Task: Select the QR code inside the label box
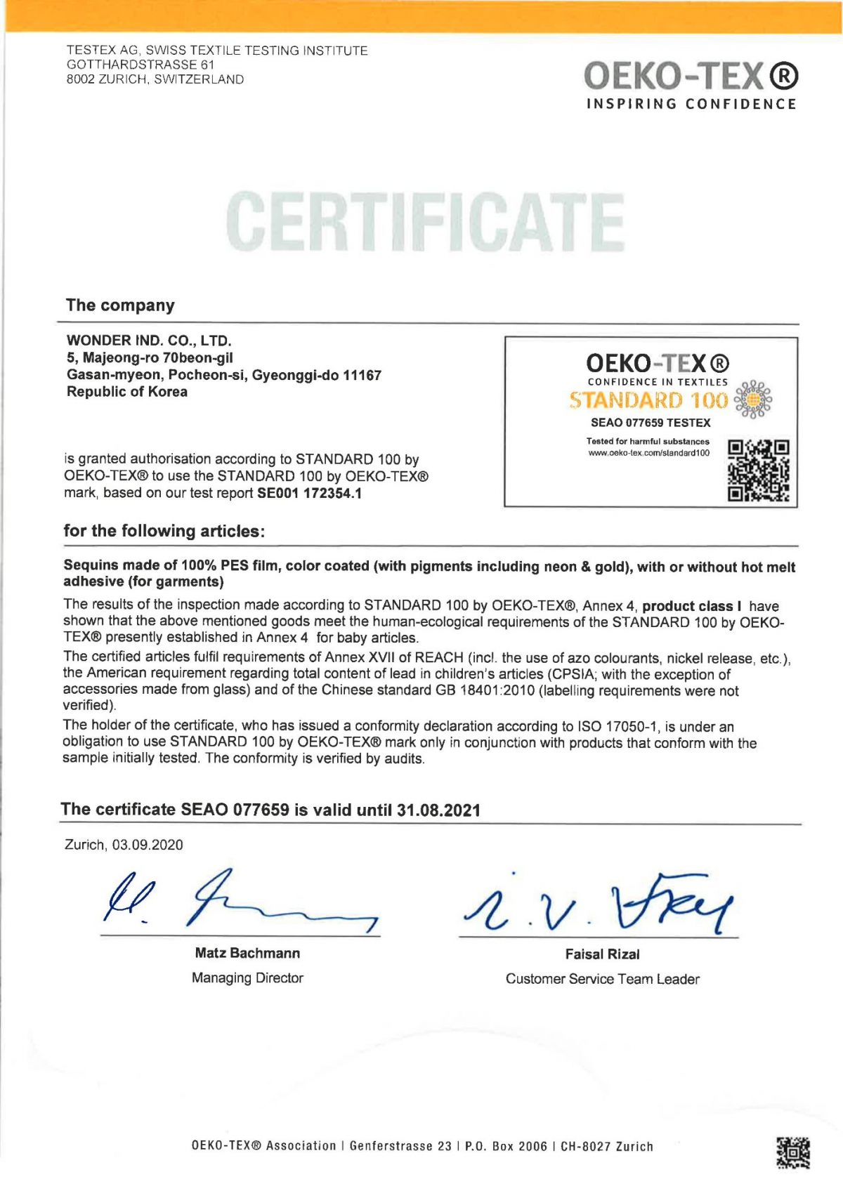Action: point(758,471)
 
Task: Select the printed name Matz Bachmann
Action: point(247,953)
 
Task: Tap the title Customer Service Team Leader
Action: point(602,979)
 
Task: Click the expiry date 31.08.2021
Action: point(438,810)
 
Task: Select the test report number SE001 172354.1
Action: point(309,493)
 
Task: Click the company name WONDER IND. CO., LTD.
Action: point(149,341)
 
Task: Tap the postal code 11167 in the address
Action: point(362,375)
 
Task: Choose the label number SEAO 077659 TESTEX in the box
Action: point(651,423)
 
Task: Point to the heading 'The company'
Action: point(120,305)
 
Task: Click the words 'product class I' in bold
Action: point(692,606)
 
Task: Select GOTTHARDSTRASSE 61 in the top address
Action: point(140,65)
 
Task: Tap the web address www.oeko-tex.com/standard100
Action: point(648,453)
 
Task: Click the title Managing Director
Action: point(247,978)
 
